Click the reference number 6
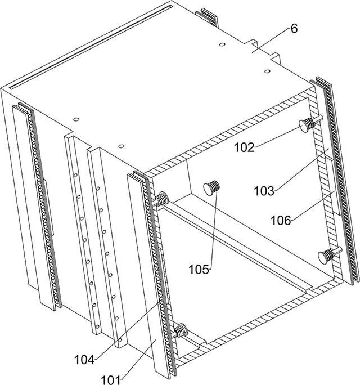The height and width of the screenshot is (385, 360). click(x=294, y=29)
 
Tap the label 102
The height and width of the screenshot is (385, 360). click(x=244, y=147)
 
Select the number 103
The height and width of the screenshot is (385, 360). click(x=264, y=191)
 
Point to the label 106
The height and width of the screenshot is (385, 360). click(x=281, y=220)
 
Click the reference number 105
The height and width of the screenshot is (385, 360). click(x=199, y=270)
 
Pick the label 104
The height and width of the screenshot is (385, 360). click(x=84, y=360)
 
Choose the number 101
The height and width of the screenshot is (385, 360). click(x=111, y=380)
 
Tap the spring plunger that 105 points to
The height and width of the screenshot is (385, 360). click(x=211, y=187)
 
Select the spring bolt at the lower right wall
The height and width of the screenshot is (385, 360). click(x=329, y=256)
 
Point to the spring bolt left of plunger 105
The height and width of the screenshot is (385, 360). click(x=160, y=200)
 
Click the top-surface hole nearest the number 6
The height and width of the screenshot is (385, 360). click(x=222, y=44)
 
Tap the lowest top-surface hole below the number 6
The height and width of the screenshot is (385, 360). click(x=268, y=71)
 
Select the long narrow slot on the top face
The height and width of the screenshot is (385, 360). click(x=91, y=46)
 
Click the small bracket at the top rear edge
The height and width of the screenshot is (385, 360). click(x=209, y=16)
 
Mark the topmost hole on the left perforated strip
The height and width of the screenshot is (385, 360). click(x=75, y=175)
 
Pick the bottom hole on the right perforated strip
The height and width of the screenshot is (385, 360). click(x=120, y=340)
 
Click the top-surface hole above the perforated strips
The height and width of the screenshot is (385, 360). click(x=121, y=146)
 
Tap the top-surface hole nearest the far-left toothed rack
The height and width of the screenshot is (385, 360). click(x=76, y=119)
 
